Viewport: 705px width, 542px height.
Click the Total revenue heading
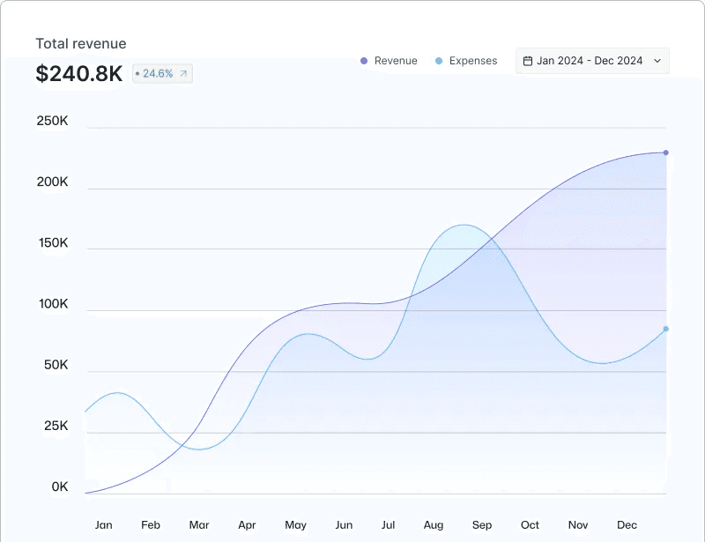pos(81,44)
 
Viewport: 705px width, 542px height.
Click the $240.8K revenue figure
pos(79,73)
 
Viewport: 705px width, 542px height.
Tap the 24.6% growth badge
pos(162,74)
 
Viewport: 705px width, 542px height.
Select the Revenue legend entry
pos(389,61)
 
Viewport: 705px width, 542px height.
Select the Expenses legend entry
pos(466,61)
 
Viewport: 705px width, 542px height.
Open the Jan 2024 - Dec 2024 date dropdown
pos(592,61)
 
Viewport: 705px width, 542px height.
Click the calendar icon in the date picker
pos(528,61)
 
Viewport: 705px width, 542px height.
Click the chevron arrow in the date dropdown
pos(657,61)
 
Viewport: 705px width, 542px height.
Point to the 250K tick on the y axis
pos(53,121)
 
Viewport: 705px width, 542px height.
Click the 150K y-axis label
pos(53,243)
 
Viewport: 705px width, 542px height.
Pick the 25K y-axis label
pos(56,426)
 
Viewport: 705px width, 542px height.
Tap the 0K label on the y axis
pos(60,486)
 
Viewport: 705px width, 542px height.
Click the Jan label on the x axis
pos(103,525)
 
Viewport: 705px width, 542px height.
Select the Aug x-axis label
pos(434,525)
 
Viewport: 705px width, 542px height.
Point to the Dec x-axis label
pos(627,525)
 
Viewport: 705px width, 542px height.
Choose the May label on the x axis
pos(295,525)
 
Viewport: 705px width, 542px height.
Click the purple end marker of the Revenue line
pos(666,153)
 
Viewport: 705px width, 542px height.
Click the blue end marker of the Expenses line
pos(666,329)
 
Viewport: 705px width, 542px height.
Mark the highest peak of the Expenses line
pos(464,225)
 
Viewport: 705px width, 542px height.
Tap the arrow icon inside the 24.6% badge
pos(183,74)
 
